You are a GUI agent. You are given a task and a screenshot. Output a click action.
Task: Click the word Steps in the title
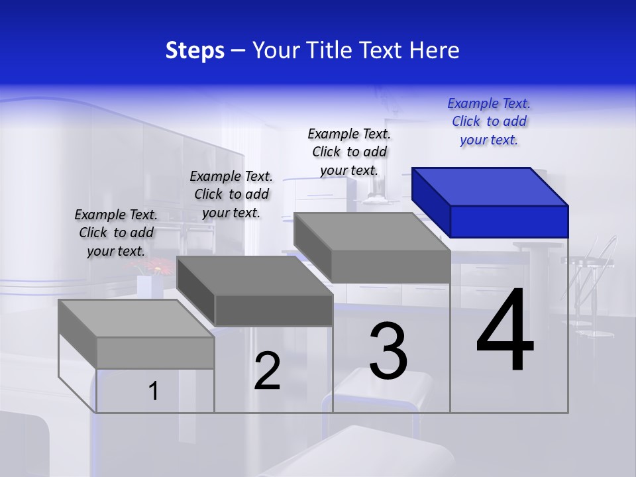[195, 50]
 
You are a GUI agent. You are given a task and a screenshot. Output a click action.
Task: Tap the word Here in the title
[433, 50]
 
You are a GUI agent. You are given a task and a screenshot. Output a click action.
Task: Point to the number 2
[267, 371]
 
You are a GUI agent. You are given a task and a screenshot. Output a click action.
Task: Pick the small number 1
[154, 392]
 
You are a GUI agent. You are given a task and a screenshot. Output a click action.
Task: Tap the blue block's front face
[509, 221]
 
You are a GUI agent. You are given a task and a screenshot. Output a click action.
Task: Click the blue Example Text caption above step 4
[489, 121]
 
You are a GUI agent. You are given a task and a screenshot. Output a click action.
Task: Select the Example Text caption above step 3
[349, 152]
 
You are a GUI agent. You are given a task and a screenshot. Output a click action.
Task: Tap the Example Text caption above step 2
[231, 194]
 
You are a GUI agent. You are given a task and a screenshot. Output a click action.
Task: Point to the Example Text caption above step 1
[116, 233]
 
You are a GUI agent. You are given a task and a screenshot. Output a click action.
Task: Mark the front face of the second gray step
[274, 311]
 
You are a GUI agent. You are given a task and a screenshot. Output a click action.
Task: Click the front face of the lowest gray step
[155, 352]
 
